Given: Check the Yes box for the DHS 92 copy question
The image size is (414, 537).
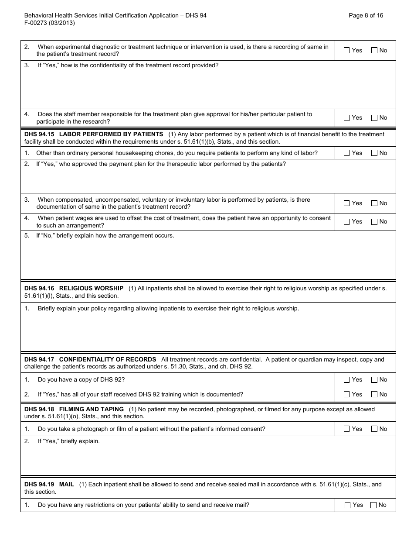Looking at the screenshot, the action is point(347,380).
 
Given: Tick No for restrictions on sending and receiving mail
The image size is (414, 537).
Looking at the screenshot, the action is point(373,505).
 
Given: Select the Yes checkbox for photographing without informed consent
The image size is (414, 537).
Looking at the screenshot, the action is point(347,429).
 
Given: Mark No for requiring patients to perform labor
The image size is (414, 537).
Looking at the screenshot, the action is point(374,153).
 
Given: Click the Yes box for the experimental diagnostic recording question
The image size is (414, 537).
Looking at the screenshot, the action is point(347,51).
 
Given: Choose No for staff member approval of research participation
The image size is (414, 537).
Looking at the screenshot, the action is point(374,118).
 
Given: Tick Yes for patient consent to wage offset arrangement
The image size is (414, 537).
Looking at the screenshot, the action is point(347,222).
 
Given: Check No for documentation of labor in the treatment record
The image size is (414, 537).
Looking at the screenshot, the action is point(374,203).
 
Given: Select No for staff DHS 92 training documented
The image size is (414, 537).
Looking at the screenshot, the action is point(374,395).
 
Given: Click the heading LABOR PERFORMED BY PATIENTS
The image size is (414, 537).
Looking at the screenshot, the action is point(111,134).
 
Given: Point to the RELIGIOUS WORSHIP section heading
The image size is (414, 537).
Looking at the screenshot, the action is point(91,288).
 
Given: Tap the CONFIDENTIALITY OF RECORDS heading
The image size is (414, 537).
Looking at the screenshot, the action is point(107,359).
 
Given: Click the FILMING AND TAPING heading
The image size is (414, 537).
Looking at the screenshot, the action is point(91,409).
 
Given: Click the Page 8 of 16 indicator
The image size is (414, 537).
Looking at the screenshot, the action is point(366,15).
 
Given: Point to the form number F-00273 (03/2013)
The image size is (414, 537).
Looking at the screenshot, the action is point(50,23).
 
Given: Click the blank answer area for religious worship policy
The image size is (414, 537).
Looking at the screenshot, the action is point(208,332).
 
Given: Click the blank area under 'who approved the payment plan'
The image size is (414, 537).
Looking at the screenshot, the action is point(208,181).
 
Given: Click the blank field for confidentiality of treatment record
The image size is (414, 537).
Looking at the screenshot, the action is point(208,89).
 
